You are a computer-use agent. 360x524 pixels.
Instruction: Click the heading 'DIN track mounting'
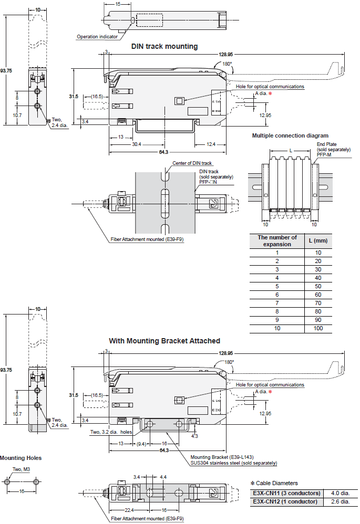pos(164,46)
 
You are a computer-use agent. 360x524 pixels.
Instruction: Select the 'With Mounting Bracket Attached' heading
pos(164,341)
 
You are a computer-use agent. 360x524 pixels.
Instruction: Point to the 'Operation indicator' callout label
pos(97,37)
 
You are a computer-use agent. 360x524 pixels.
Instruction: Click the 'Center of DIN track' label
pos(192,163)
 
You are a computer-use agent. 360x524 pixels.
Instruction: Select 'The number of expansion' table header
pos(277,240)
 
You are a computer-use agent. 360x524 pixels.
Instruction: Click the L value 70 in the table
pos(317,303)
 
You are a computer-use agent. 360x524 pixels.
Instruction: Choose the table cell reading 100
pos(317,328)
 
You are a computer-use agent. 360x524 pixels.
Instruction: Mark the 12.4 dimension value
pos(210,144)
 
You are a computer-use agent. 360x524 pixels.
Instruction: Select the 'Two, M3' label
pos(20,469)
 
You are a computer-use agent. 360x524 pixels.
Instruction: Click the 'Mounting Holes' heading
pos(20,458)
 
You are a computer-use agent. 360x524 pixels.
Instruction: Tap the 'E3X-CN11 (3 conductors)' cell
pos(286,493)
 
